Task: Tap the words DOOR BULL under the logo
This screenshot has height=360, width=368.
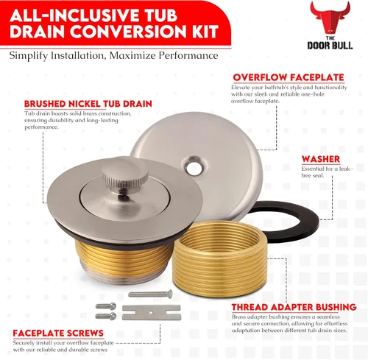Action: click(330, 46)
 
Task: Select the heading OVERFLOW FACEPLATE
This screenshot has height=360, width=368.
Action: click(289, 77)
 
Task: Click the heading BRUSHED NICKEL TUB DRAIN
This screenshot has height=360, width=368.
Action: click(88, 104)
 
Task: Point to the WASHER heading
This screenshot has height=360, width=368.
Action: click(321, 159)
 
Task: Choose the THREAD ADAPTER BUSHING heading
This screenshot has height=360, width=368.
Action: click(294, 307)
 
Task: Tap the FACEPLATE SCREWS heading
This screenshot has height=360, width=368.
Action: click(58, 333)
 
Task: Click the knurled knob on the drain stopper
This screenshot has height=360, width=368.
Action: click(125, 176)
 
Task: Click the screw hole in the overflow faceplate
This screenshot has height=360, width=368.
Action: click(194, 168)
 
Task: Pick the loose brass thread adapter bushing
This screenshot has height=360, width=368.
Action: click(219, 259)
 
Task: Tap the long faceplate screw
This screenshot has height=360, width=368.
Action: click(150, 294)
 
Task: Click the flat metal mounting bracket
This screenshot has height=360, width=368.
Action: click(152, 312)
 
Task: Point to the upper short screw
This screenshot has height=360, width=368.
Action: click(106, 306)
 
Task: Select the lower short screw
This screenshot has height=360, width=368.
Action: click(106, 317)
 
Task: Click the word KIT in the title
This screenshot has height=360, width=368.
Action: click(205, 31)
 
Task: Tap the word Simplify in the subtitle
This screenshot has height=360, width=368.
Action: click(29, 56)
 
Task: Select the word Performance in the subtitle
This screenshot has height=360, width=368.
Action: click(188, 55)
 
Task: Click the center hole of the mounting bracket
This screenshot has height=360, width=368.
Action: click(151, 312)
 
